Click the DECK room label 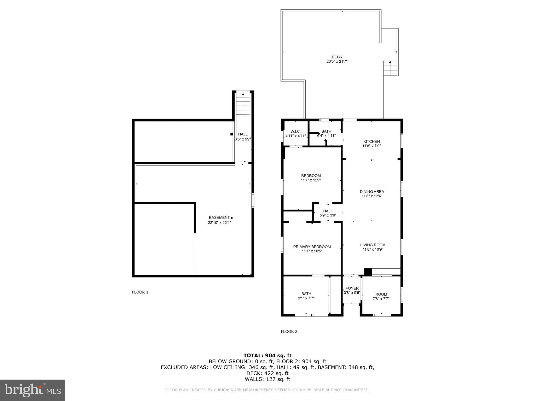click(337, 57)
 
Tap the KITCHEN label click(371, 141)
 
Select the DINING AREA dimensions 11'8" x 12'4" click(372, 196)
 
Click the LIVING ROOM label click(373, 245)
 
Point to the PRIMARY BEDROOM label click(312, 247)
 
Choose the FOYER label click(352, 288)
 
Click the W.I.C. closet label click(295, 131)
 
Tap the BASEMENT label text click(219, 217)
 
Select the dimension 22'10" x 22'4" click(219, 223)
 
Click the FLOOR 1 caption click(140, 292)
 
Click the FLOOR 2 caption click(289, 332)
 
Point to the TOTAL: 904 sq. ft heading click(267, 355)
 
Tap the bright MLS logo click(33, 390)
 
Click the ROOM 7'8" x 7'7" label click(381, 297)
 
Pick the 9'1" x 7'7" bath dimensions click(306, 298)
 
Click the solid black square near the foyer click(368, 272)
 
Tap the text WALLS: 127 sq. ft click(267, 379)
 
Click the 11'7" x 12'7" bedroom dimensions click(311, 180)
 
